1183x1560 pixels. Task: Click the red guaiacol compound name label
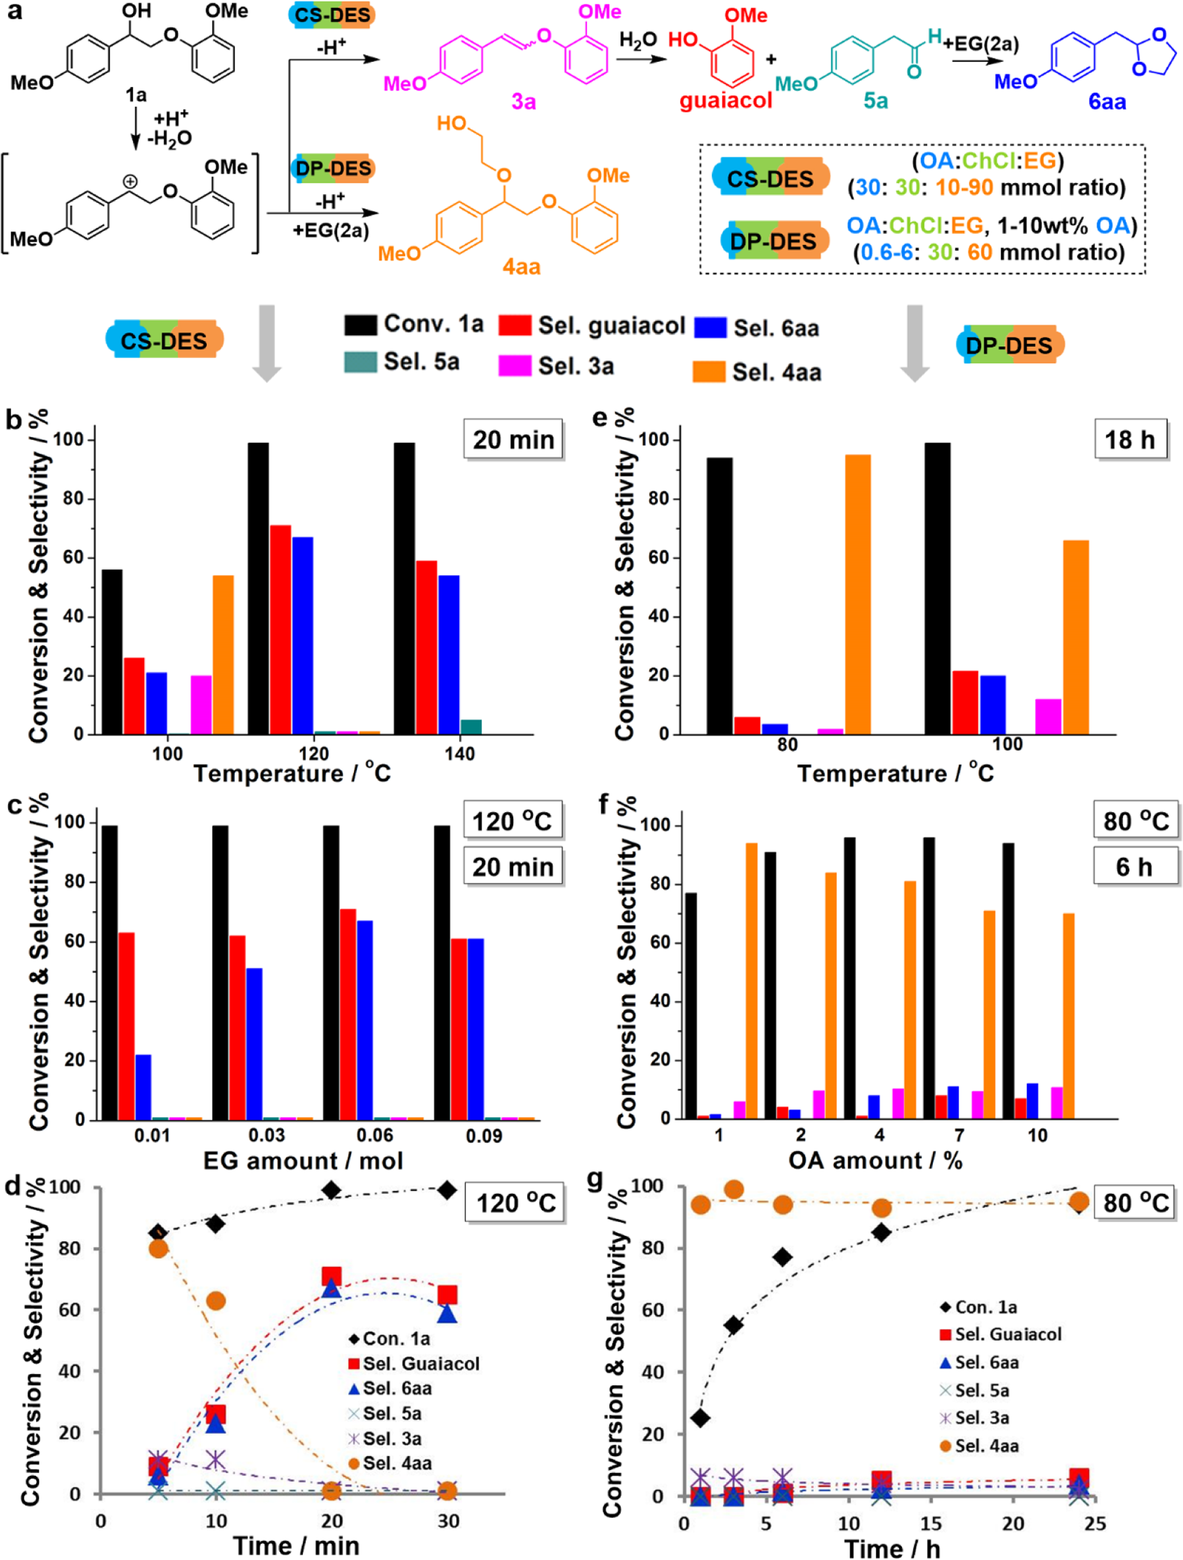pyautogui.click(x=725, y=100)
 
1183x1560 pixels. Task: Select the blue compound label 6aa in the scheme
pyautogui.click(x=1106, y=101)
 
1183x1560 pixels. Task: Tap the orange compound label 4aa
pyautogui.click(x=521, y=266)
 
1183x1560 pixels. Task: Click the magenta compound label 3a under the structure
pyautogui.click(x=524, y=101)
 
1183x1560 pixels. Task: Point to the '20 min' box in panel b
pyautogui.click(x=513, y=440)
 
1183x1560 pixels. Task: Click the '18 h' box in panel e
pyautogui.click(x=1130, y=440)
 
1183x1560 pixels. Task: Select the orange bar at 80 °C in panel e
pyautogui.click(x=857, y=594)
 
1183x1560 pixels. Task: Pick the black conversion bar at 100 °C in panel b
pyautogui.click(x=112, y=651)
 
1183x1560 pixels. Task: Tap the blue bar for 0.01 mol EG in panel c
pyautogui.click(x=143, y=1086)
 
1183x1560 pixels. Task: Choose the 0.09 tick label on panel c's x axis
pyautogui.click(x=484, y=1136)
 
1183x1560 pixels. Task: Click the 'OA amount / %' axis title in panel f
pyautogui.click(x=874, y=1160)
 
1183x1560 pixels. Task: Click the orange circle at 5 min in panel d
pyautogui.click(x=159, y=1249)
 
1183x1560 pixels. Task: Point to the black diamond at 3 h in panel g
pyautogui.click(x=733, y=1325)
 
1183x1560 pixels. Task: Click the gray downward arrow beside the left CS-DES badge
pyautogui.click(x=266, y=343)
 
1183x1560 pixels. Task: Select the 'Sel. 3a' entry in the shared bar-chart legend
pyautogui.click(x=557, y=366)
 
